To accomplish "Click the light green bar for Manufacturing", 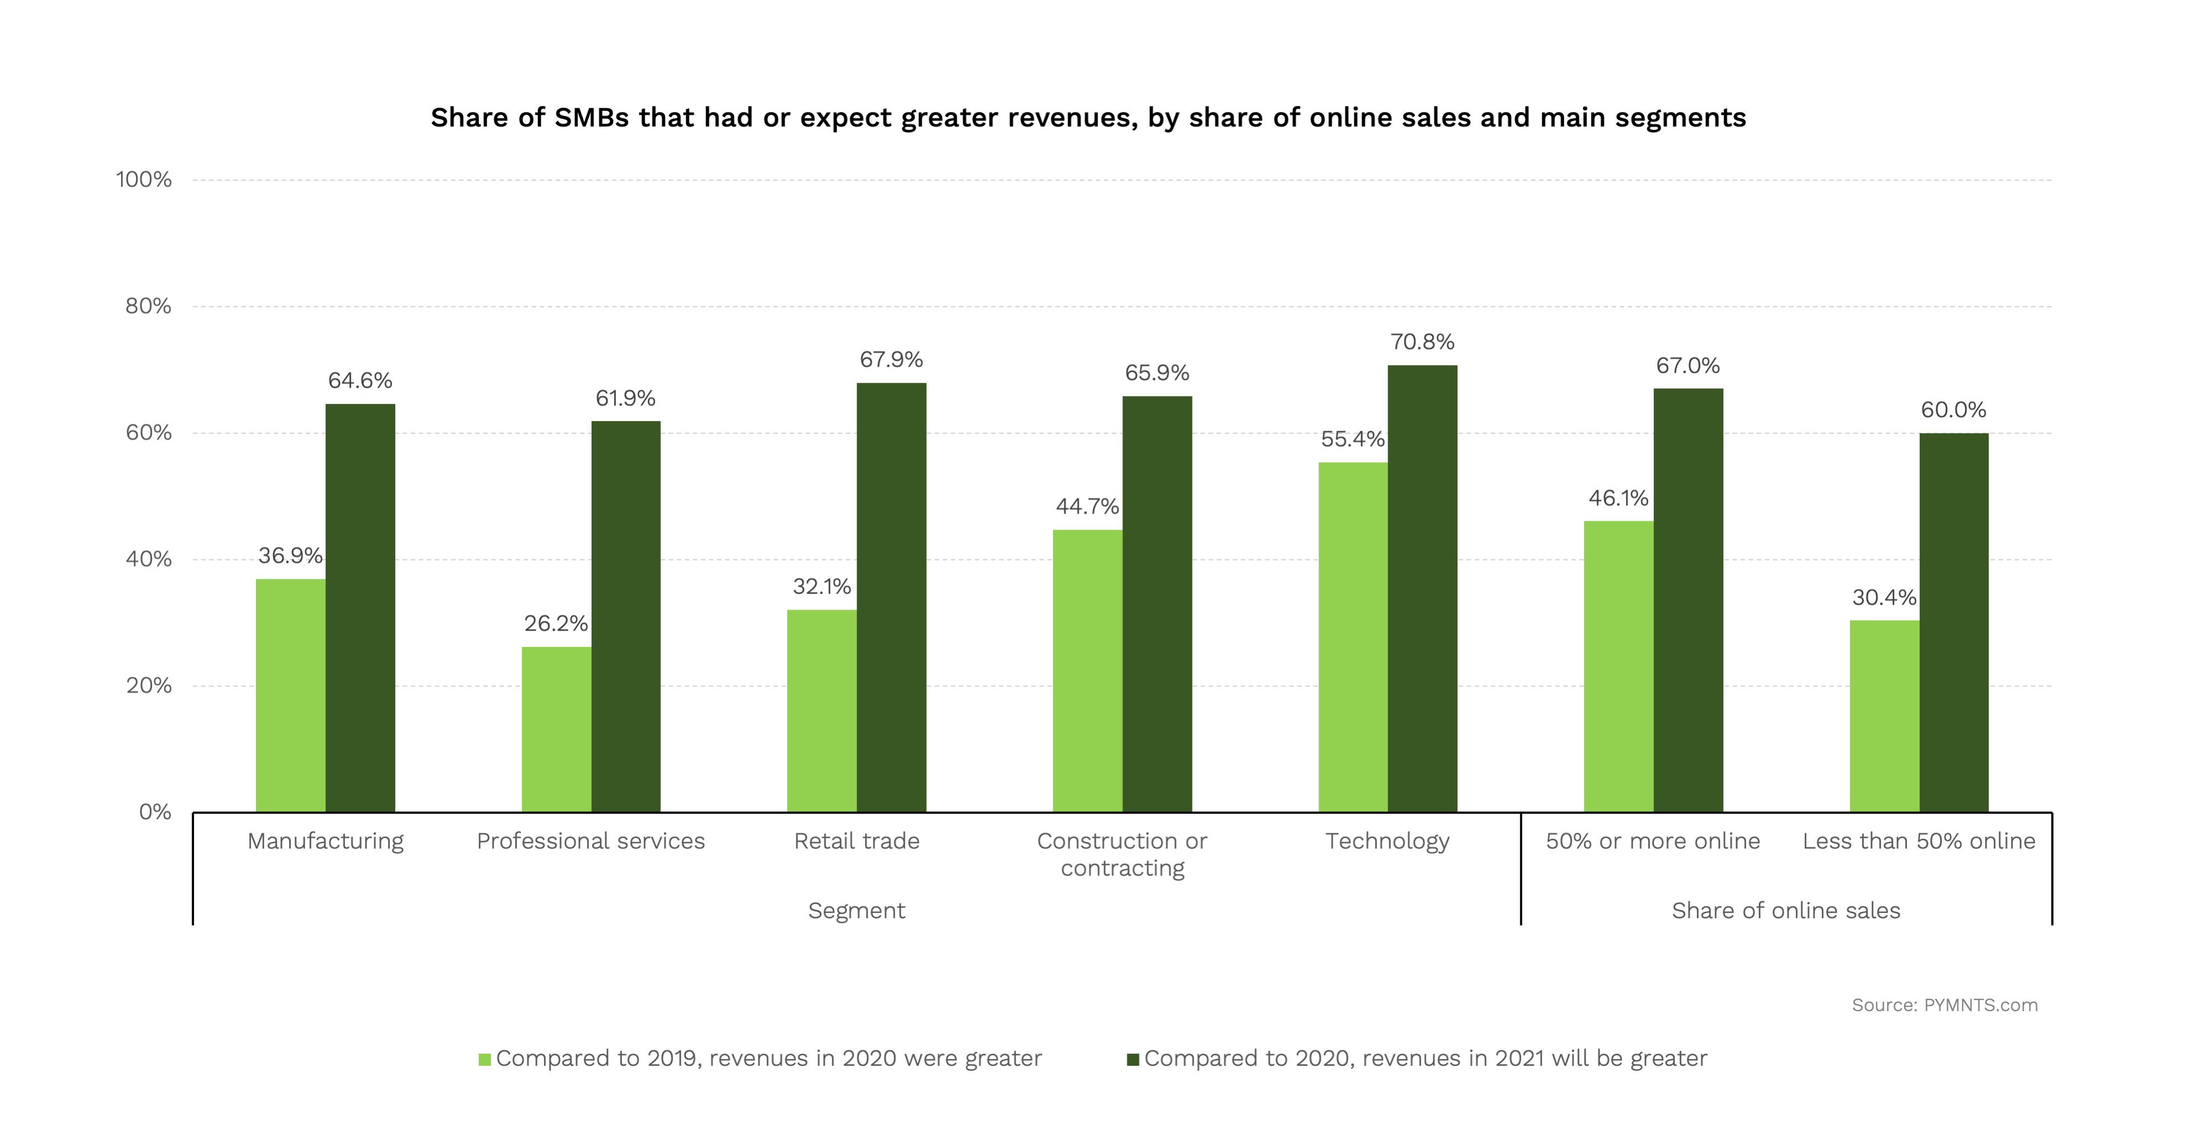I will tap(290, 695).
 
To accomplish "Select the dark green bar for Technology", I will tap(1422, 589).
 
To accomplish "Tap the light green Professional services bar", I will tap(556, 729).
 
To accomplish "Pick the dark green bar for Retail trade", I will tap(891, 597).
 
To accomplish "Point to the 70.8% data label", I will tap(1422, 342).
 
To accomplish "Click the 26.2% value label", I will tap(556, 624).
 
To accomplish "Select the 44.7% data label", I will tap(1088, 507).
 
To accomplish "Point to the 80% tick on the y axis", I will tap(149, 306).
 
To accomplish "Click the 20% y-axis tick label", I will tap(149, 685).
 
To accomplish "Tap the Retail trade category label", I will tap(856, 841).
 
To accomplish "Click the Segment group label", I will tap(856, 910).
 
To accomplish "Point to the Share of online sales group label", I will tap(1786, 910).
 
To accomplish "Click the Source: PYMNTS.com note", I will tap(1944, 1005).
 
